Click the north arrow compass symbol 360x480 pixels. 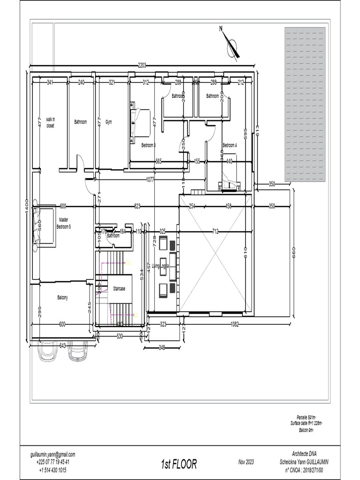tap(231, 44)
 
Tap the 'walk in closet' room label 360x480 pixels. tap(50, 122)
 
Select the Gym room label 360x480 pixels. tap(109, 122)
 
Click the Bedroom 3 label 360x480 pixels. tap(148, 145)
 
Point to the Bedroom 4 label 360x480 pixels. tap(230, 145)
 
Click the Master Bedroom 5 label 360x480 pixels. tap(63, 223)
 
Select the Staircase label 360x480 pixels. tap(119, 289)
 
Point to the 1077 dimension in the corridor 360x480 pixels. tap(150, 179)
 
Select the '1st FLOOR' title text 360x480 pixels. tap(179, 464)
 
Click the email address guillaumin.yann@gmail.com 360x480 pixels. tap(52, 454)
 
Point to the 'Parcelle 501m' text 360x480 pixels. tap(307, 417)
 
